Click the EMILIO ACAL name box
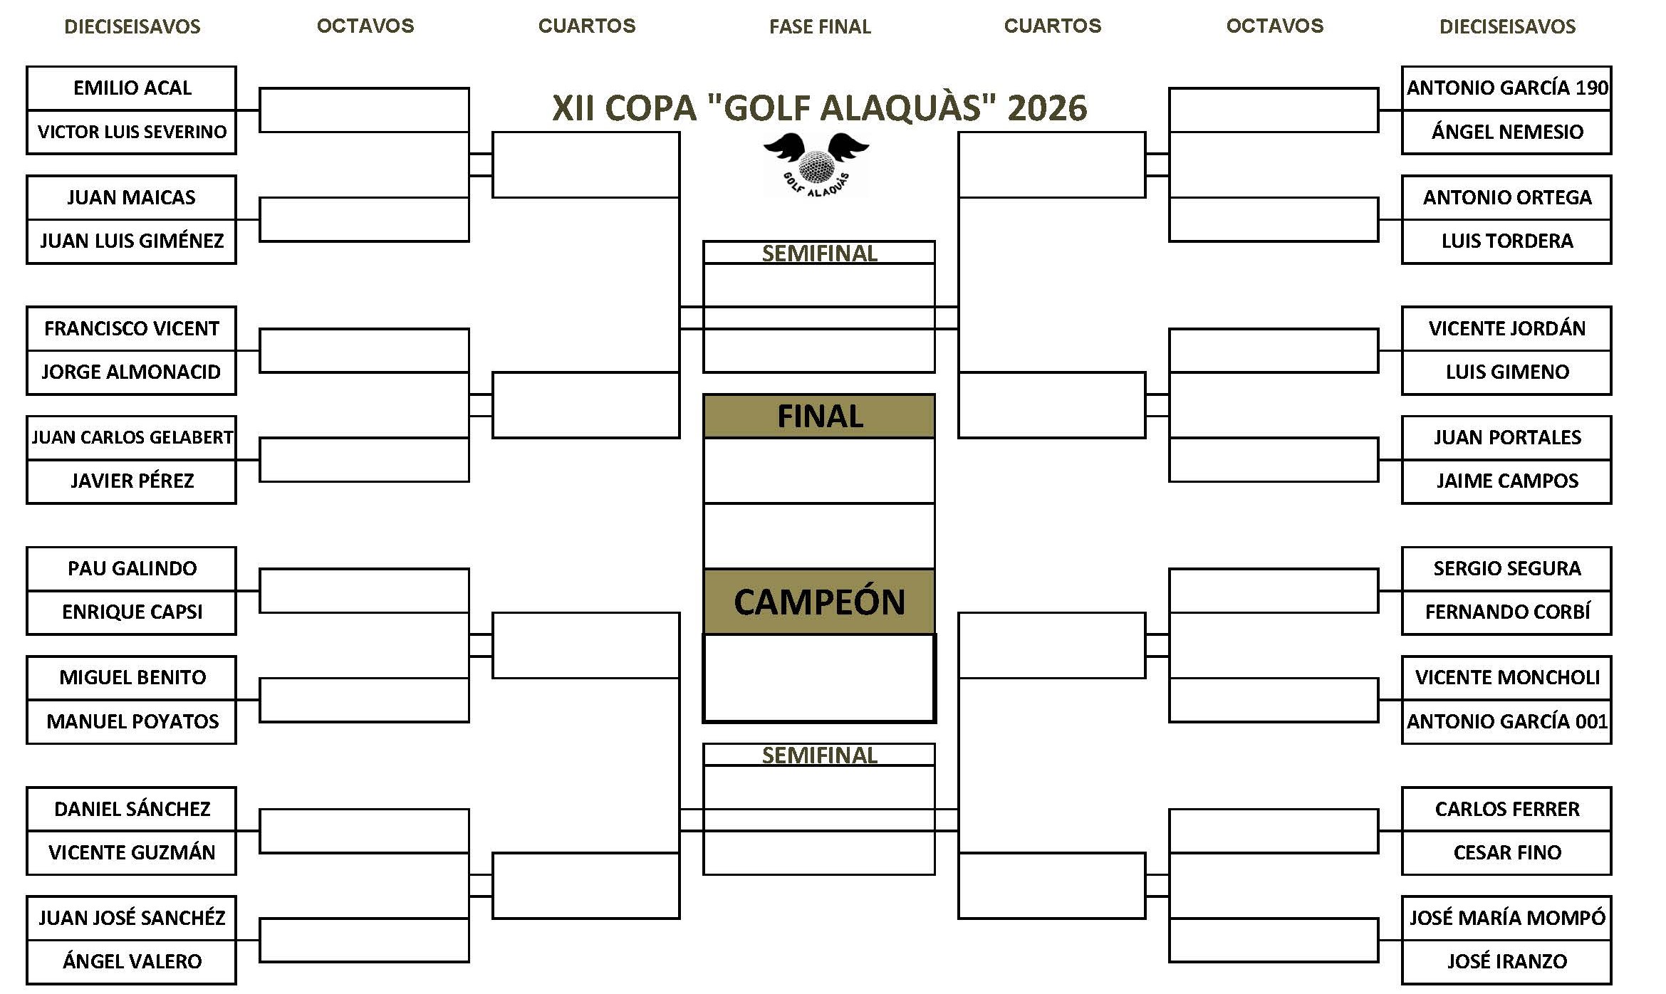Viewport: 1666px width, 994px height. [132, 88]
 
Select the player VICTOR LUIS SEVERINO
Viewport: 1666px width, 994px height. [132, 132]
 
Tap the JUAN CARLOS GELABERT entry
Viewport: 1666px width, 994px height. [132, 437]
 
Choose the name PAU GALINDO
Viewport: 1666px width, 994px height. [132, 568]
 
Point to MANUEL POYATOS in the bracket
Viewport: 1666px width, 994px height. [132, 721]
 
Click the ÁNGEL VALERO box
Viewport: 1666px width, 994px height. [132, 961]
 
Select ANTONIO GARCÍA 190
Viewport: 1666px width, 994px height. [1506, 88]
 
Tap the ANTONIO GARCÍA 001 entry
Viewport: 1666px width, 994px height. [1506, 721]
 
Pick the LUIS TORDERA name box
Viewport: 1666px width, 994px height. [1506, 241]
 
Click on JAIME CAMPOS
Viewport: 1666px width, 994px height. [1506, 481]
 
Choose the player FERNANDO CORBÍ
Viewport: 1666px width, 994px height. [1506, 612]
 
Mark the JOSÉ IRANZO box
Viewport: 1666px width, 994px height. [1506, 961]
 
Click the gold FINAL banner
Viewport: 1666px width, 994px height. [819, 417]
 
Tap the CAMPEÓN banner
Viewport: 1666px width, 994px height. [819, 602]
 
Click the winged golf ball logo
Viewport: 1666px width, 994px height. [816, 164]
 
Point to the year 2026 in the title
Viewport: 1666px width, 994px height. [1047, 108]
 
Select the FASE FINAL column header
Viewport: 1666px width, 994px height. [820, 27]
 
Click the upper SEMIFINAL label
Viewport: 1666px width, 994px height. [819, 253]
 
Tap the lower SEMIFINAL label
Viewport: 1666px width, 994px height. [819, 755]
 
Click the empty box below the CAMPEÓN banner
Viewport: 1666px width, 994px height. [819, 678]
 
